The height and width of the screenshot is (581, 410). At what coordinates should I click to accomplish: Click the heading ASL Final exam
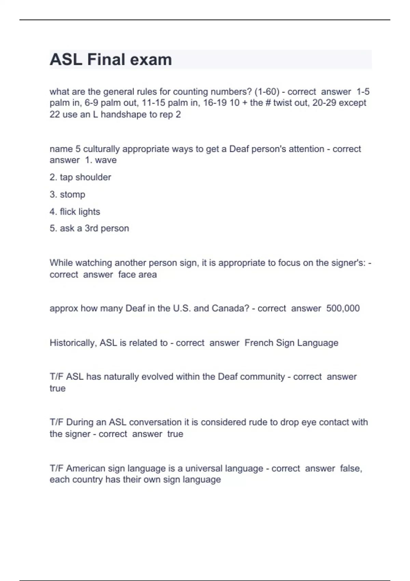click(x=111, y=59)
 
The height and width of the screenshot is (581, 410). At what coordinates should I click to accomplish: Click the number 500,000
click(x=343, y=308)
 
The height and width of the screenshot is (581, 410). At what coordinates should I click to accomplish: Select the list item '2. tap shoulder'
click(x=80, y=177)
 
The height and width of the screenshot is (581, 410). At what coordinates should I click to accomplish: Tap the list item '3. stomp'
click(x=67, y=194)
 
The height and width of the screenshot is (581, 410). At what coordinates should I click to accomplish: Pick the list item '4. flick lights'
click(x=75, y=212)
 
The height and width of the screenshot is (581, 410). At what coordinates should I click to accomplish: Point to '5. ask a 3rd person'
click(x=89, y=228)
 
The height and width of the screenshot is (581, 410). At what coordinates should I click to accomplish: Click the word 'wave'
click(x=106, y=160)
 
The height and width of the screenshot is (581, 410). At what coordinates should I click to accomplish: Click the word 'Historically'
click(x=73, y=343)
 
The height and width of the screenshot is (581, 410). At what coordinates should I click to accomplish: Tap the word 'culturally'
click(x=101, y=149)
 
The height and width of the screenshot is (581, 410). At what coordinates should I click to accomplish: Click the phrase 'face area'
click(x=137, y=274)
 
